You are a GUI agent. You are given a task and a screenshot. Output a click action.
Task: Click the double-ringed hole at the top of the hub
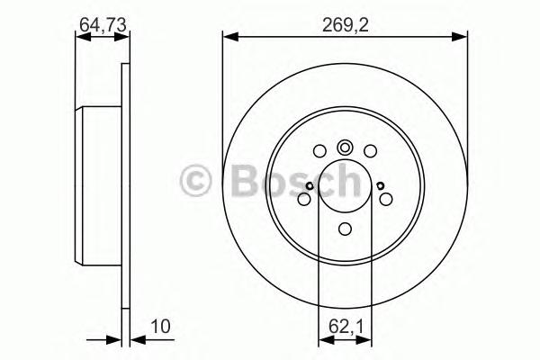click(x=346, y=148)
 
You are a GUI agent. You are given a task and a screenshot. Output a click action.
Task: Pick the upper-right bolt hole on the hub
click(x=369, y=151)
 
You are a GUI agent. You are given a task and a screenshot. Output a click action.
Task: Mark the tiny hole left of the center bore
click(x=308, y=186)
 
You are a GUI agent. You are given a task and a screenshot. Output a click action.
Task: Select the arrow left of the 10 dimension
click(x=113, y=340)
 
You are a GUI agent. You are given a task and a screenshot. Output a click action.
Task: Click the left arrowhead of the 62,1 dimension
click(x=324, y=340)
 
